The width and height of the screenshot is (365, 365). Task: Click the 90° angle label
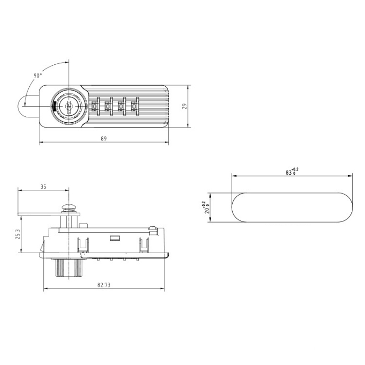click(38, 76)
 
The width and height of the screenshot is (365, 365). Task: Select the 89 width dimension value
click(104, 139)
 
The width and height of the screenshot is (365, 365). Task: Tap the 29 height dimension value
click(185, 106)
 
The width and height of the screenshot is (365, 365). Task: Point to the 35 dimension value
click(43, 187)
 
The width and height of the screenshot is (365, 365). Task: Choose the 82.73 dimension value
click(104, 285)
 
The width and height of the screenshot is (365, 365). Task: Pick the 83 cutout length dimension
click(292, 172)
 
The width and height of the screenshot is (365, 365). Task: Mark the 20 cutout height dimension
click(206, 208)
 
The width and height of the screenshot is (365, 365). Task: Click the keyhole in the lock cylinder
click(68, 106)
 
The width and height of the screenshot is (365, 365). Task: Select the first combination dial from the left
click(95, 106)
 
